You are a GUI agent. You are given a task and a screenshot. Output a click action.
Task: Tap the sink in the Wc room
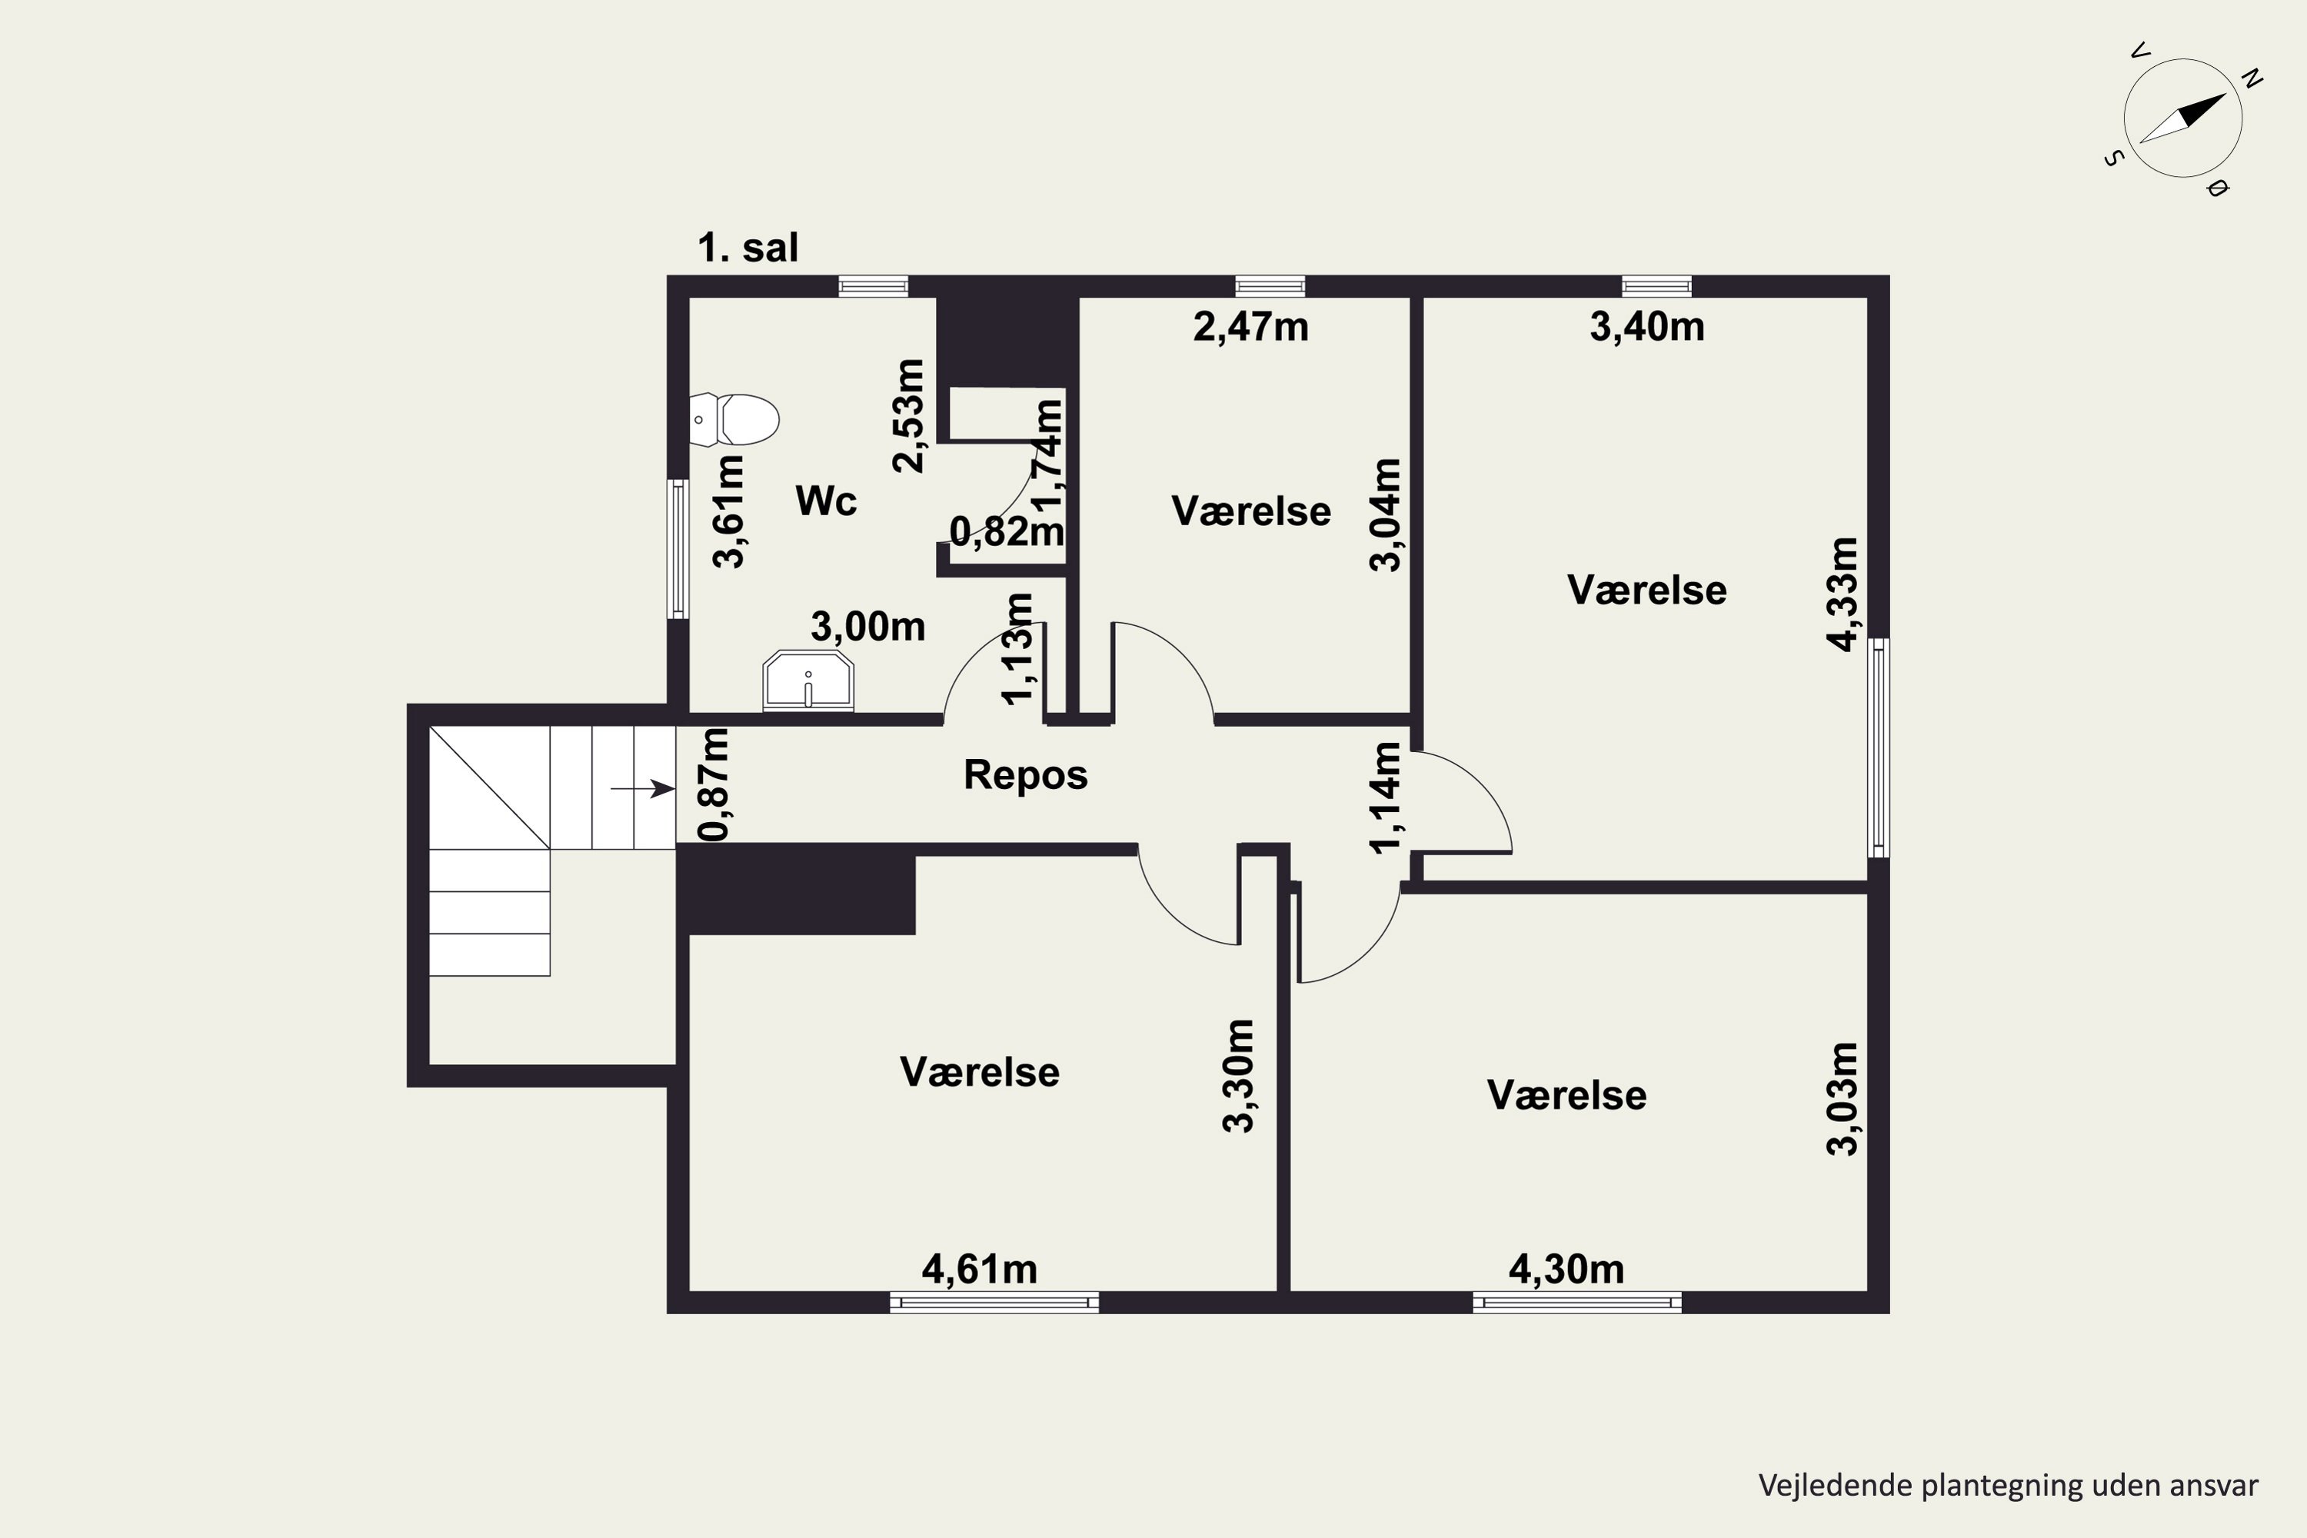[808, 680]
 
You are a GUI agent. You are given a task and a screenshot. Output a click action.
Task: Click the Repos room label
[1025, 776]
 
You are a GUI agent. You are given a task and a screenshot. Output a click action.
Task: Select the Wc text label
[826, 501]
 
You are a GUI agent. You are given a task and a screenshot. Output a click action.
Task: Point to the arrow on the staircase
[642, 789]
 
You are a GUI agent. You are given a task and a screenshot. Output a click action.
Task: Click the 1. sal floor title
[747, 248]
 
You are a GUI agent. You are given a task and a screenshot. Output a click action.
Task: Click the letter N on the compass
[2252, 78]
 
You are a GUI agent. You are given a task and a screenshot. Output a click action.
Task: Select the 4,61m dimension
[979, 1270]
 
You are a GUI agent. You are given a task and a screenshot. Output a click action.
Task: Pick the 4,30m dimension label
[1566, 1270]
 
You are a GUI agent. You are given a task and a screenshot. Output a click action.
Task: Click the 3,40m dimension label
[1647, 328]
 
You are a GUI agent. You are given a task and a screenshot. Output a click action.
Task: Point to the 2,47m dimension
[1250, 328]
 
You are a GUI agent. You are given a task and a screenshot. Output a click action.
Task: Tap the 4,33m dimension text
[1842, 594]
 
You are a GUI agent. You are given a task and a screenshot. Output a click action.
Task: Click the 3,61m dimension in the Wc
[729, 512]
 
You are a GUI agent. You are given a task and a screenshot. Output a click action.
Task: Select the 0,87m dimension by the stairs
[714, 784]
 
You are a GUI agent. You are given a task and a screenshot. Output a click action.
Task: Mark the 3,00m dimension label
[868, 627]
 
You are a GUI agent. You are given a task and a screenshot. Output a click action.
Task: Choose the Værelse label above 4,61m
[980, 1072]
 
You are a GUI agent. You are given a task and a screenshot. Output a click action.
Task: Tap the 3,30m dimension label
[1239, 1076]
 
